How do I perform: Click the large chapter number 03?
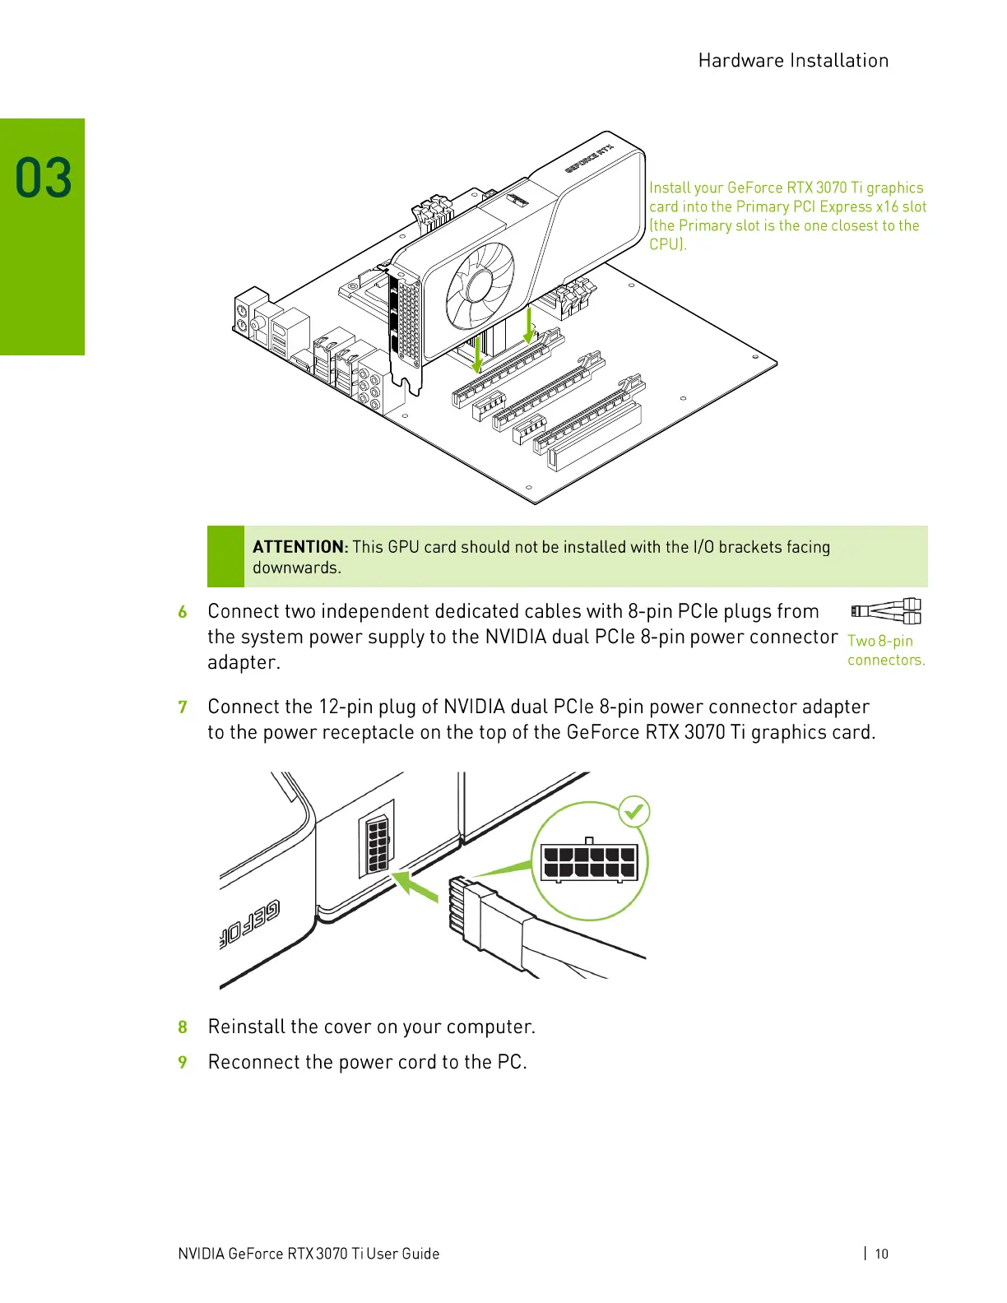pos(44,179)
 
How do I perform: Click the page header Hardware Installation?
pos(792,61)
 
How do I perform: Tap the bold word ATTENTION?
pos(299,547)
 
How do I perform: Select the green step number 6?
pos(183,612)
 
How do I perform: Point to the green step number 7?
pos(183,707)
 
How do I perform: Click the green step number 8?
pos(183,1027)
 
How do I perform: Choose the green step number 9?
pos(183,1063)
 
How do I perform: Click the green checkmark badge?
pos(633,812)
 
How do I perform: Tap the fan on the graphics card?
pos(480,285)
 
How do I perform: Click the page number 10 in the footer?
pos(881,1254)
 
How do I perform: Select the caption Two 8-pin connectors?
pos(885,650)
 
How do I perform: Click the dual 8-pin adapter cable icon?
pos(886,611)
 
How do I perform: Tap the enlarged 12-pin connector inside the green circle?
pos(589,862)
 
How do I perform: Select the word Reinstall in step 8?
pos(246,1027)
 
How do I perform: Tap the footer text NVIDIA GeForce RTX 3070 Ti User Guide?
pos(309,1254)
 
